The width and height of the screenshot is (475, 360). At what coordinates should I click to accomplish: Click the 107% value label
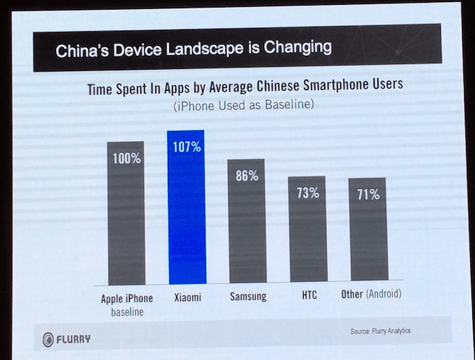click(x=186, y=146)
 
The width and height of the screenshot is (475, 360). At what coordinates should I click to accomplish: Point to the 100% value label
click(x=127, y=159)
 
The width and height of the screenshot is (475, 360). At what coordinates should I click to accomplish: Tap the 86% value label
click(x=247, y=176)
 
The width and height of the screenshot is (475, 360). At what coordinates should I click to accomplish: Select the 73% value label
click(x=307, y=193)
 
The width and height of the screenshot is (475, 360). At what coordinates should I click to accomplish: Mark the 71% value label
click(x=367, y=194)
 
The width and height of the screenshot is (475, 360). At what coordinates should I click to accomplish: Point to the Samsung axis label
click(x=248, y=297)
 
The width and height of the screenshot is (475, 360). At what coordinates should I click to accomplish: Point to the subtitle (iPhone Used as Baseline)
click(x=243, y=106)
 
